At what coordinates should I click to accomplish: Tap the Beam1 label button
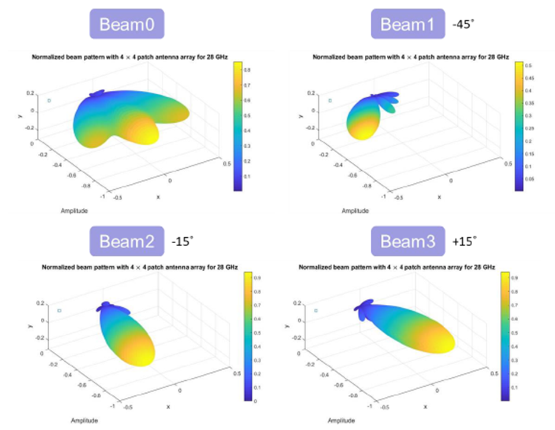point(408,25)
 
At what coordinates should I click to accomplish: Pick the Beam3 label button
point(407,242)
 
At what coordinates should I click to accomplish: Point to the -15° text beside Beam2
point(182,241)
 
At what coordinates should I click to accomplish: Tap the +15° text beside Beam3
point(464,241)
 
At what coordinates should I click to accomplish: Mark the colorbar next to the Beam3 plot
point(505,336)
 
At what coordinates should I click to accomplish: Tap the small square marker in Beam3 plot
point(316,311)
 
